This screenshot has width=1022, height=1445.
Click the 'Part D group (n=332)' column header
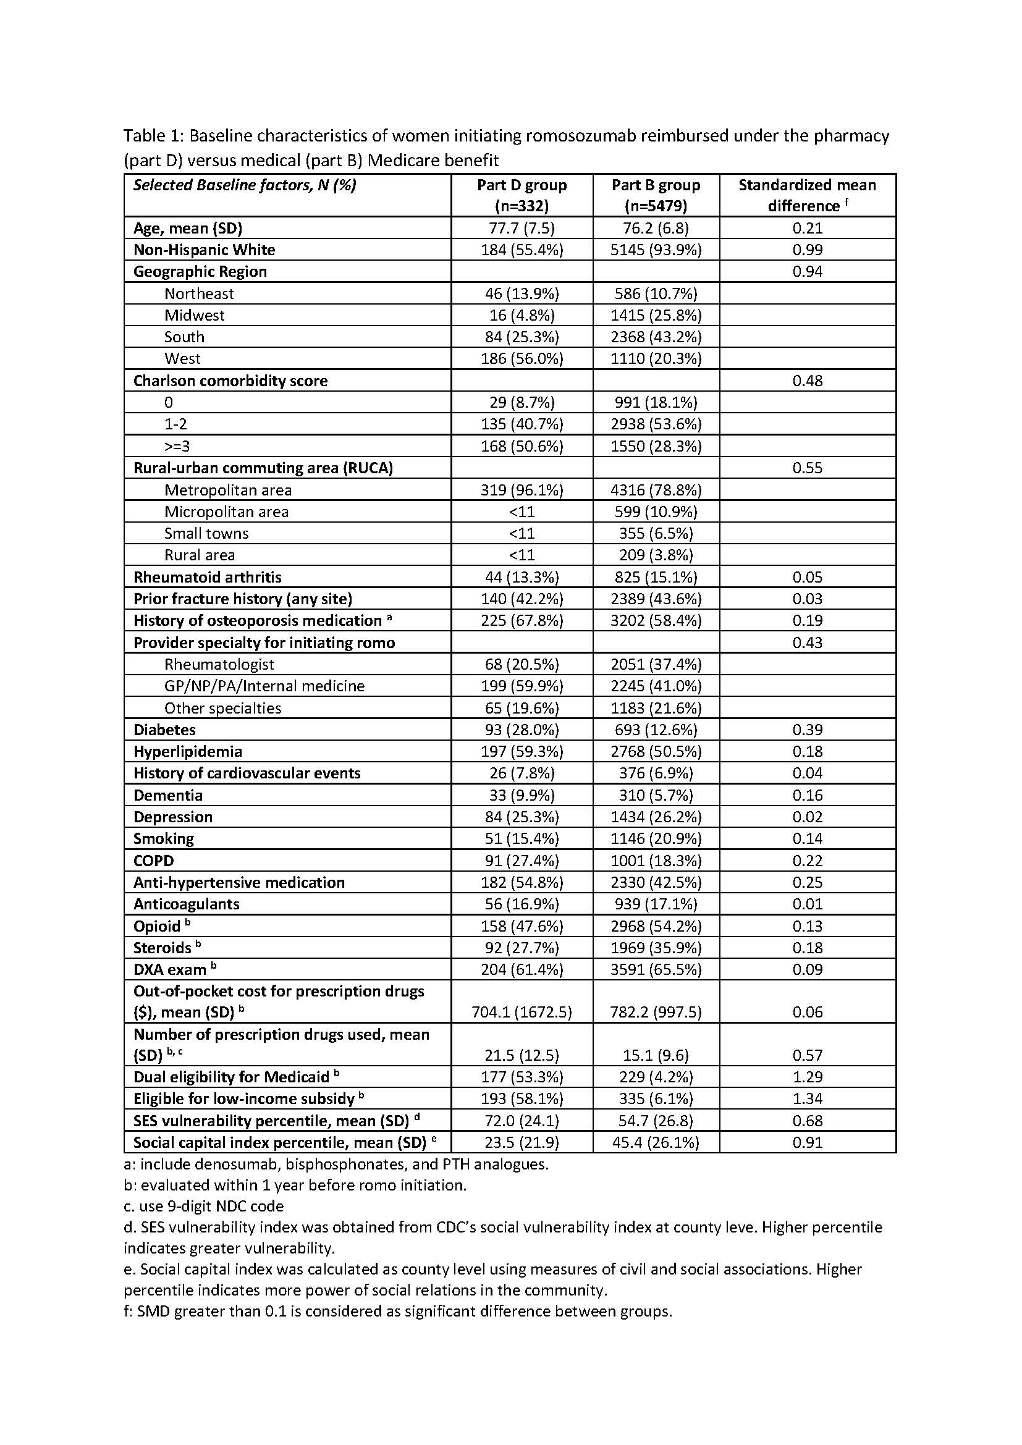[x=522, y=195]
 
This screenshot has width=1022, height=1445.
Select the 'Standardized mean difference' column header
[x=808, y=195]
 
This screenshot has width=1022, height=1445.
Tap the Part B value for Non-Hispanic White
[x=656, y=250]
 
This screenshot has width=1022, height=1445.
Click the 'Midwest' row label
[x=195, y=315]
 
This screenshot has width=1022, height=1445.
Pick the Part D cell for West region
[x=522, y=359]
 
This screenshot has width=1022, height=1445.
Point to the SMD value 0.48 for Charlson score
[x=808, y=381]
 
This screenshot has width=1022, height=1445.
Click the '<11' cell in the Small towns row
[x=522, y=534]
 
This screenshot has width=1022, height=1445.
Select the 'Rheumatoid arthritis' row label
[x=208, y=577]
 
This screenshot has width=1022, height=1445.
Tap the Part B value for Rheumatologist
[x=656, y=665]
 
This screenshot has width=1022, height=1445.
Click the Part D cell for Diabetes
[x=522, y=730]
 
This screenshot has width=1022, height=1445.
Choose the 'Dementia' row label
[x=168, y=796]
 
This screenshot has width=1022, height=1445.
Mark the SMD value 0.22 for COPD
[x=808, y=861]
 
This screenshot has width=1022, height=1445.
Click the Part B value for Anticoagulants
[x=656, y=904]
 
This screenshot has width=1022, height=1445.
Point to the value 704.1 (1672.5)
[x=522, y=1012]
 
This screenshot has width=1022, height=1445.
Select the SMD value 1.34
[x=808, y=1099]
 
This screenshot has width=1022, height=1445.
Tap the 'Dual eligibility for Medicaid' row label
[x=232, y=1077]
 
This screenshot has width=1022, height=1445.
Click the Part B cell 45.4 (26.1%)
[x=656, y=1142]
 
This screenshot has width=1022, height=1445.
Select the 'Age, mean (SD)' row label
[x=188, y=228]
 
